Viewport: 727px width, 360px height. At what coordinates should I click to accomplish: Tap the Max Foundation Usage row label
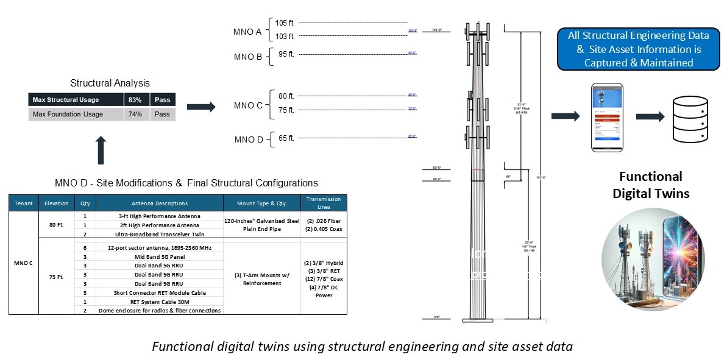point(68,115)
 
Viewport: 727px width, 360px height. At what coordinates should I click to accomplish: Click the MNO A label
point(247,31)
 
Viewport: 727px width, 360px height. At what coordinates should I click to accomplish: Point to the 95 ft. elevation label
point(286,54)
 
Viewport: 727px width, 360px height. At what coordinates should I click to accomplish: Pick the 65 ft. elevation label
point(286,138)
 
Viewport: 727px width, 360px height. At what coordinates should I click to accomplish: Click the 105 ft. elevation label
point(285,23)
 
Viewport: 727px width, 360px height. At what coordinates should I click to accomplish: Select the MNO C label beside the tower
point(248,105)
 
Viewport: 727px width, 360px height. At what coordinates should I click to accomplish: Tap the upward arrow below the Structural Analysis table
point(101,150)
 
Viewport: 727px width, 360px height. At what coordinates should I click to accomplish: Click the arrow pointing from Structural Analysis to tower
point(201,107)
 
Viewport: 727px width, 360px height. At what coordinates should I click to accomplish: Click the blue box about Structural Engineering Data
point(638,49)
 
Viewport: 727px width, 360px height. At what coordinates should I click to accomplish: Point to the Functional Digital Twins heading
point(651,185)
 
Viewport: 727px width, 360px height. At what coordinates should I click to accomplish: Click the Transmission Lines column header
point(324,203)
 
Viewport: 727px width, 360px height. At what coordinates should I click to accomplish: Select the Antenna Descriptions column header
point(160,203)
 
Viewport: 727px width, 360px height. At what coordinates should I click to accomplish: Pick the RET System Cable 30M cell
point(160,302)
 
